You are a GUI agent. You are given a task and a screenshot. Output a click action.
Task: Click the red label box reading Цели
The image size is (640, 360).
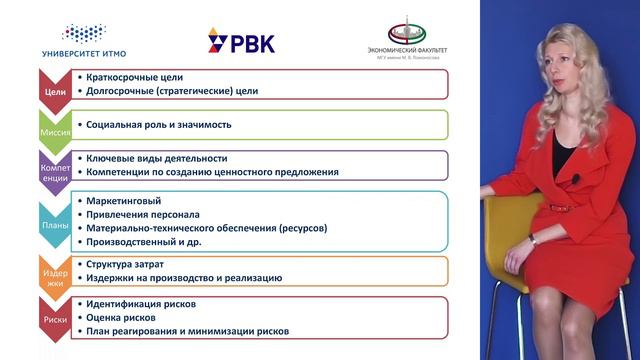[56, 91]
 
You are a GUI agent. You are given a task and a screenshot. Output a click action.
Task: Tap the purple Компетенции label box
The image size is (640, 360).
[56, 165]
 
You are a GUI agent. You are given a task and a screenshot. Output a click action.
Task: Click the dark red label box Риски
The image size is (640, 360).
[56, 319]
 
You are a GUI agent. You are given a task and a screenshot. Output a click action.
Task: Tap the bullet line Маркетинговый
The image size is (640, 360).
[125, 201]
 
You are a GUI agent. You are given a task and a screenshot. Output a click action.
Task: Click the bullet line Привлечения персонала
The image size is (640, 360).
[143, 214]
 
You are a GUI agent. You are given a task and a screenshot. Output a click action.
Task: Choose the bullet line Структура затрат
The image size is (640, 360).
[130, 264]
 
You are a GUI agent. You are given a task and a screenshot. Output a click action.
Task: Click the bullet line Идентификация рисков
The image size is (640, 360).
[148, 303]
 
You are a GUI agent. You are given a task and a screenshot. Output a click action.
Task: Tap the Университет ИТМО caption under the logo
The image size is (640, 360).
[84, 53]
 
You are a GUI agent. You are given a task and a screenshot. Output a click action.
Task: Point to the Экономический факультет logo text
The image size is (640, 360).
[407, 49]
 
